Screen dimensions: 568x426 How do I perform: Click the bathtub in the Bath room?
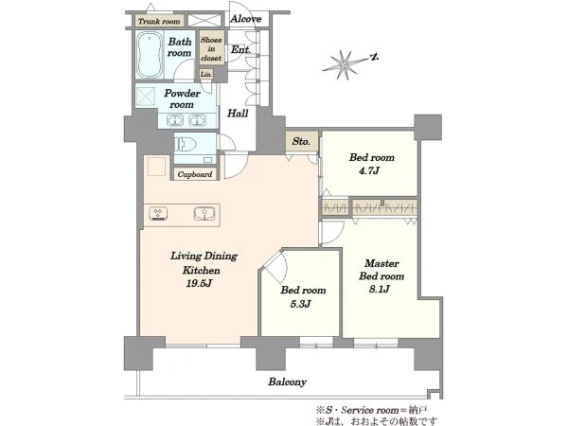coord(149,55)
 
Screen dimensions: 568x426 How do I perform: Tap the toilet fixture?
coord(185,145)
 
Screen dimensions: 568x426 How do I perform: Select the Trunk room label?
coord(159,22)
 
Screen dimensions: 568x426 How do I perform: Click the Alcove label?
coord(245,19)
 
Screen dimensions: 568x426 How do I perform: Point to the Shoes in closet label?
coord(211,49)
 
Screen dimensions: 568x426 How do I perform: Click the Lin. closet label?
coord(206,74)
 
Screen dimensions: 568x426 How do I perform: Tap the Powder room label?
coord(182,98)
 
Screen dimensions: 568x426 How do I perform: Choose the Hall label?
coord(238,114)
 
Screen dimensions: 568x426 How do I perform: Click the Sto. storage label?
coord(301,141)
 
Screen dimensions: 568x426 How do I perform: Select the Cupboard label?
coord(195,174)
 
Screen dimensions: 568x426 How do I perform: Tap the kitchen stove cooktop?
coord(159,213)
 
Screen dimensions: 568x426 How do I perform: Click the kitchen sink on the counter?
coord(204,213)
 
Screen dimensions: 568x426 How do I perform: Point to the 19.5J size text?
coord(199,283)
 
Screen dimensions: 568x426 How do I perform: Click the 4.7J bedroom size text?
coord(369,170)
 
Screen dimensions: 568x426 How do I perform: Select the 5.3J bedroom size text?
coord(301,304)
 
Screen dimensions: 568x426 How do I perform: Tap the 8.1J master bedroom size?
coord(380,289)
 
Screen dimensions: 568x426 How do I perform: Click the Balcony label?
coord(287,382)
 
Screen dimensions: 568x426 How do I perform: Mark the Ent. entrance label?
coord(240,49)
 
